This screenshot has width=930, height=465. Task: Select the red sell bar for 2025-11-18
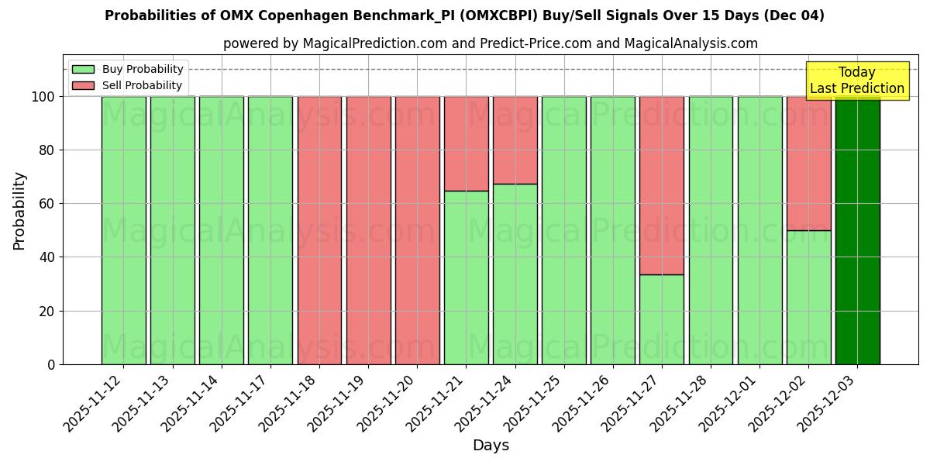click(x=319, y=230)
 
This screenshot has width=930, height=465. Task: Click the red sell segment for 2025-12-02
click(x=808, y=163)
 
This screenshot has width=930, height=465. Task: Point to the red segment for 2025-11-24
click(x=515, y=139)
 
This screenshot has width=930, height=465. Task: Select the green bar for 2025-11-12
click(x=123, y=230)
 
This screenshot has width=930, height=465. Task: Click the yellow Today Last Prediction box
click(x=856, y=81)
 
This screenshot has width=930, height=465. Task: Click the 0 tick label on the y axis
click(x=51, y=364)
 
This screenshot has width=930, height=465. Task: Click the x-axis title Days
click(x=491, y=446)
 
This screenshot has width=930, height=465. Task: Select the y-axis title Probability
click(x=19, y=210)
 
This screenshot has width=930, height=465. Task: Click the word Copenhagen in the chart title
click(x=251, y=15)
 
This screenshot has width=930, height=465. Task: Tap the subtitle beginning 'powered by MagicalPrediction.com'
click(x=491, y=43)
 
